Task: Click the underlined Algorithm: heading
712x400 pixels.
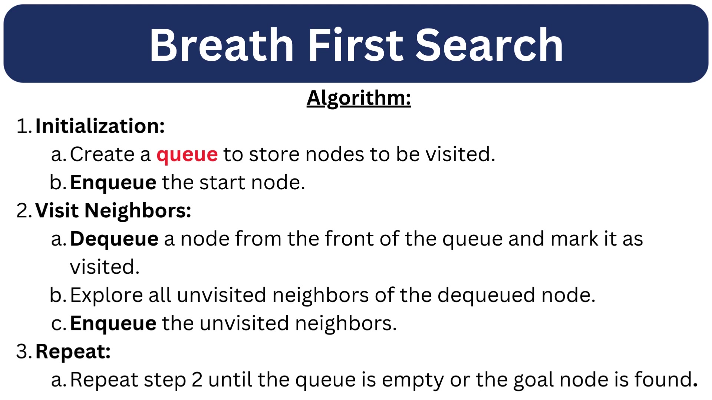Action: (359, 99)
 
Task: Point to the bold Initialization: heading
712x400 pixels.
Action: (100, 126)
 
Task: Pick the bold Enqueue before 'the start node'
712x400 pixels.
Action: (113, 183)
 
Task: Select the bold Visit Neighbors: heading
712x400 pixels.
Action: (113, 211)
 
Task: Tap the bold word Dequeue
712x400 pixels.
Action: (114, 239)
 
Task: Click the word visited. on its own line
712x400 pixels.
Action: (105, 267)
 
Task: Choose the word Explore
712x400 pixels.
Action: (106, 296)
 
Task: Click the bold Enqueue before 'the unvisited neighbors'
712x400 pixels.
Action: (113, 324)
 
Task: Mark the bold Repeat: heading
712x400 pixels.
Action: (73, 352)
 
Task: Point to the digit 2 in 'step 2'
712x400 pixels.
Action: (197, 380)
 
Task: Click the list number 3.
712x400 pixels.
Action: (22, 351)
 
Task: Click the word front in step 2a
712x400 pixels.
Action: (349, 239)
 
